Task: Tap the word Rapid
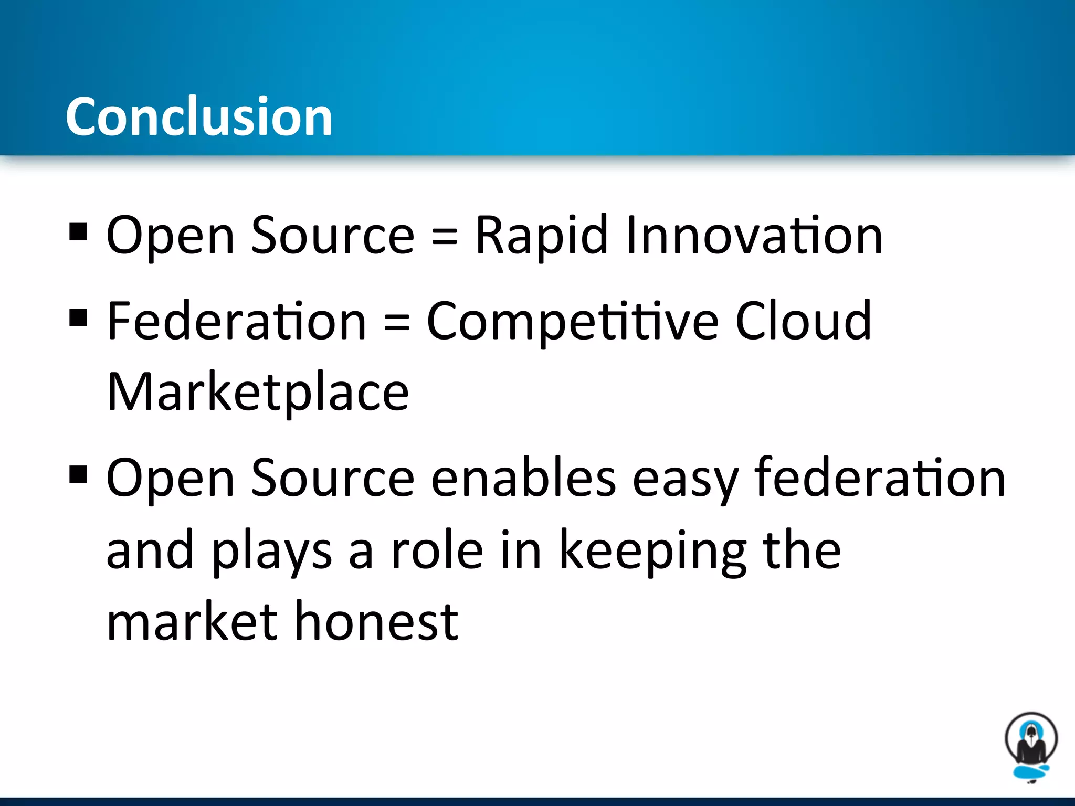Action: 541,236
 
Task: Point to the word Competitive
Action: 572,322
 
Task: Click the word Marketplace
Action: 258,393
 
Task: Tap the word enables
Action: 523,478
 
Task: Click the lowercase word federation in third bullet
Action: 880,477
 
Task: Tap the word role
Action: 437,550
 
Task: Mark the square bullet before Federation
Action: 78,317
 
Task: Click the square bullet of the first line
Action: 78,231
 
